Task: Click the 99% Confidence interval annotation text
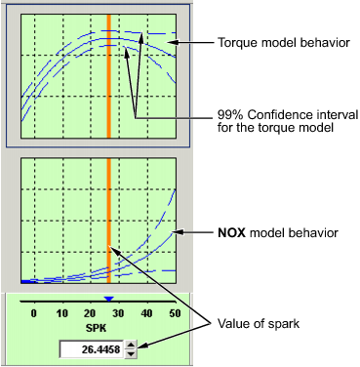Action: tap(281, 120)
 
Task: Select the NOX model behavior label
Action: tap(278, 233)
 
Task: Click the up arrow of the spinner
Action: tap(131, 344)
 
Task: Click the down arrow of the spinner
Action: tap(131, 353)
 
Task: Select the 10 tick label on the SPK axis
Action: tap(61, 313)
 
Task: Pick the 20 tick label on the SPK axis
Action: tap(90, 313)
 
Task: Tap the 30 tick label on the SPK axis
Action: tap(118, 313)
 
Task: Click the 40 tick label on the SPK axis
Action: tap(146, 313)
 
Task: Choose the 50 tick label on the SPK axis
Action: tap(175, 313)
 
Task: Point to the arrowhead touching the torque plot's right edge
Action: tap(181, 44)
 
